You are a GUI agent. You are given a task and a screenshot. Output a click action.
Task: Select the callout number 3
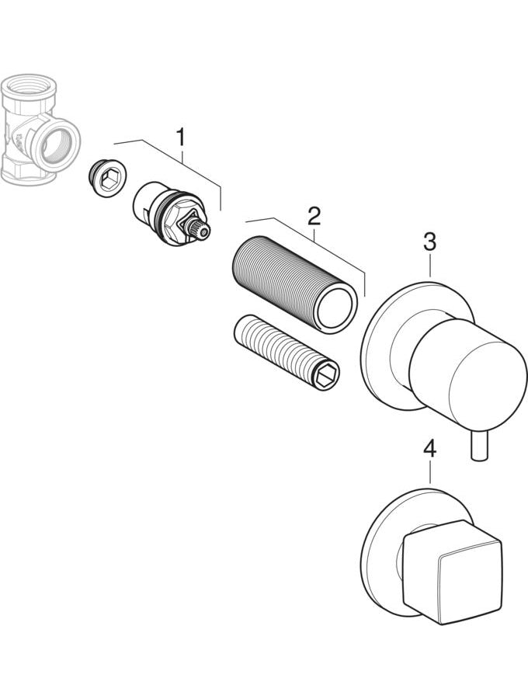point(429,242)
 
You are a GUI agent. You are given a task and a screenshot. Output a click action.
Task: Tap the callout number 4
point(429,449)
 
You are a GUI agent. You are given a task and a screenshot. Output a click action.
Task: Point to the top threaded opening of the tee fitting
point(27,84)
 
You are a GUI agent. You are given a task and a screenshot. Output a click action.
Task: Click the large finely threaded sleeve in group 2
point(294,285)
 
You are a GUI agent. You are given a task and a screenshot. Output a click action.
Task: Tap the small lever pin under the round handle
point(478,445)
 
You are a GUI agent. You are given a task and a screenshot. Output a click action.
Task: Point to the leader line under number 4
point(429,472)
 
